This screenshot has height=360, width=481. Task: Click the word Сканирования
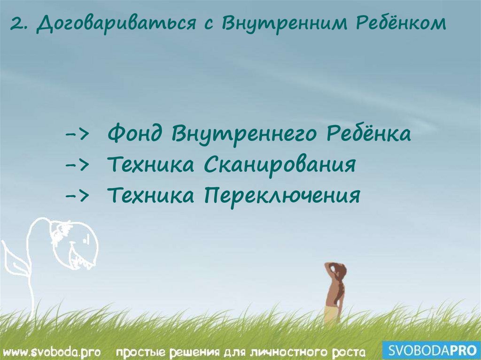pos(279,165)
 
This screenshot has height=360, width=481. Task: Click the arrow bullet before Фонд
pos(78,135)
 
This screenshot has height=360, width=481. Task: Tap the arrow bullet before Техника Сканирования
pos(78,165)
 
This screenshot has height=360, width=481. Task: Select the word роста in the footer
pos(345,352)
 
